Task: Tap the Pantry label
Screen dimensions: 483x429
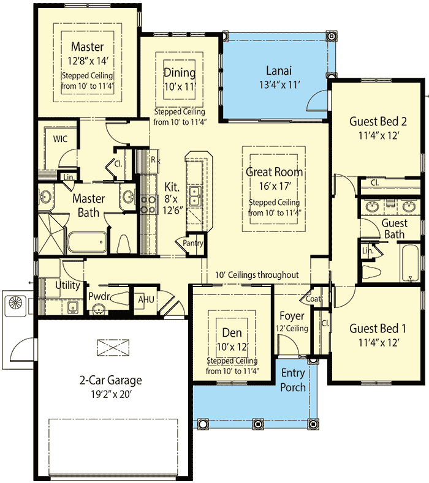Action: click(x=193, y=243)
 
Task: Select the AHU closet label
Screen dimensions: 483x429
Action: click(x=146, y=299)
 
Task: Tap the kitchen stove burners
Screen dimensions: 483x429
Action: click(x=148, y=203)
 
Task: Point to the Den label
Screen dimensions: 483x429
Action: click(x=231, y=334)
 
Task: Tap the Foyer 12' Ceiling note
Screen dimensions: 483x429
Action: click(x=293, y=329)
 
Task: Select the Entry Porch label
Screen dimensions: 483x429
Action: click(x=293, y=380)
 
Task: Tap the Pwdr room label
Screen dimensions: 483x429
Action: click(x=99, y=296)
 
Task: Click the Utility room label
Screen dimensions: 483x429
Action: click(x=67, y=285)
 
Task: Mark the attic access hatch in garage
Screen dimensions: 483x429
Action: click(x=113, y=348)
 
